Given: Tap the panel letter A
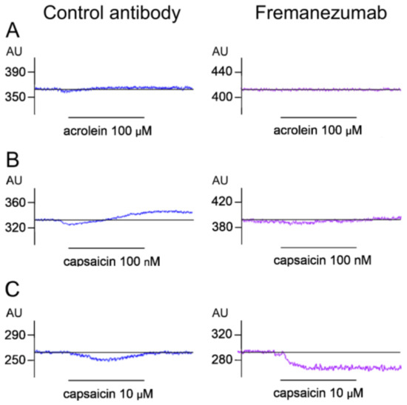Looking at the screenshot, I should pos(12,31).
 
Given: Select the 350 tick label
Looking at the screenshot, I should pos(16,97).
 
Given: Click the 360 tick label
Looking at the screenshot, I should pos(16,202).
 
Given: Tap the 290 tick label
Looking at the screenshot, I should pos(16,335).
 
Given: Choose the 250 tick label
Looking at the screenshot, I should pos(16,360).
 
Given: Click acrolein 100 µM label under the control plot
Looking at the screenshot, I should pos(106,130).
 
